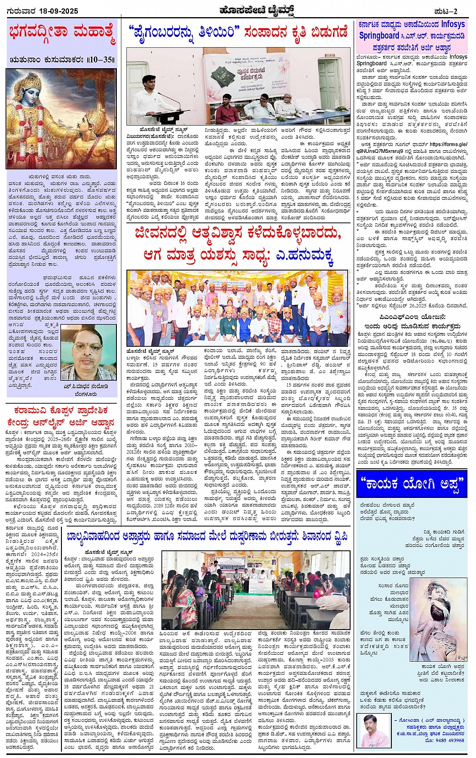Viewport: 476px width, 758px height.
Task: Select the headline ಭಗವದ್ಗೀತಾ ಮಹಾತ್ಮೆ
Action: point(62,34)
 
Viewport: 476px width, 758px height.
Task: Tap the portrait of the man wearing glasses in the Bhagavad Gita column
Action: point(89,353)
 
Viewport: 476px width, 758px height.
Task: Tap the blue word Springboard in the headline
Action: point(379,36)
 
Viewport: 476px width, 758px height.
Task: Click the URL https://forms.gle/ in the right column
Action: point(442,144)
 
